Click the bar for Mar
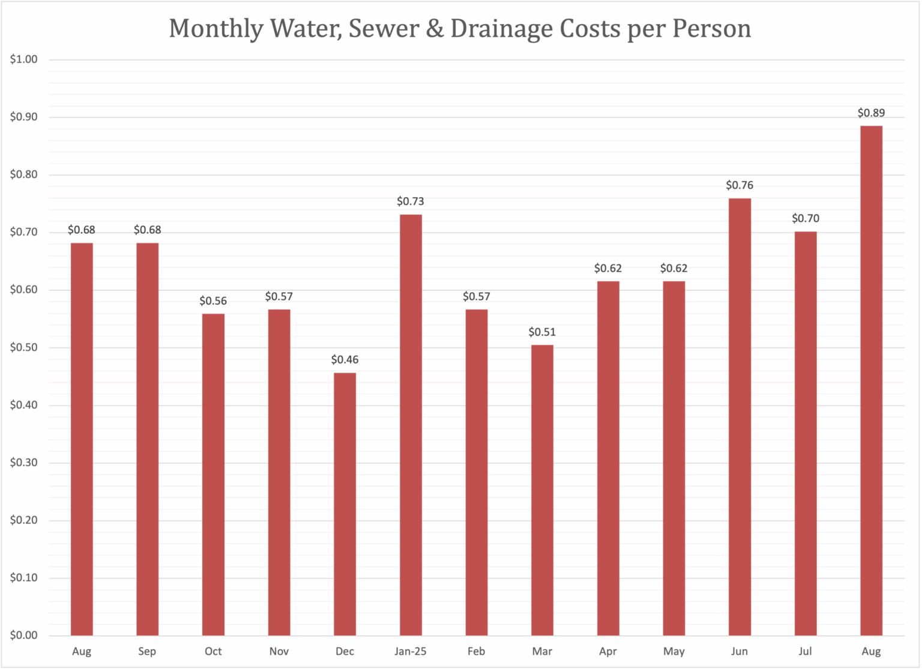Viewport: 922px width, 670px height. point(542,490)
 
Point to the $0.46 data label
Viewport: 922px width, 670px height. point(345,360)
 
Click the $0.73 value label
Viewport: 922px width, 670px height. point(411,201)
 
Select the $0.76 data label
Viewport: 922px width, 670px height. point(740,185)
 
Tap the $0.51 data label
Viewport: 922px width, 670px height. point(542,332)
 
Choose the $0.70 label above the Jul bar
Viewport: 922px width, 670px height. point(806,218)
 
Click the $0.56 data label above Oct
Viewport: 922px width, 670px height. point(213,300)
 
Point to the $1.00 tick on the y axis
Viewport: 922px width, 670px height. point(24,59)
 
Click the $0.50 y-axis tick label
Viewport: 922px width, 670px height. point(24,347)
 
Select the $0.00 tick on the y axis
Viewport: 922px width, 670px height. point(24,635)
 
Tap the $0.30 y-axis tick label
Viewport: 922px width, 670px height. point(24,463)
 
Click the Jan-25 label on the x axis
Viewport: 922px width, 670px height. point(411,651)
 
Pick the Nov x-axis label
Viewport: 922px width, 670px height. point(279,651)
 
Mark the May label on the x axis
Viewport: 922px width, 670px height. point(673,651)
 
